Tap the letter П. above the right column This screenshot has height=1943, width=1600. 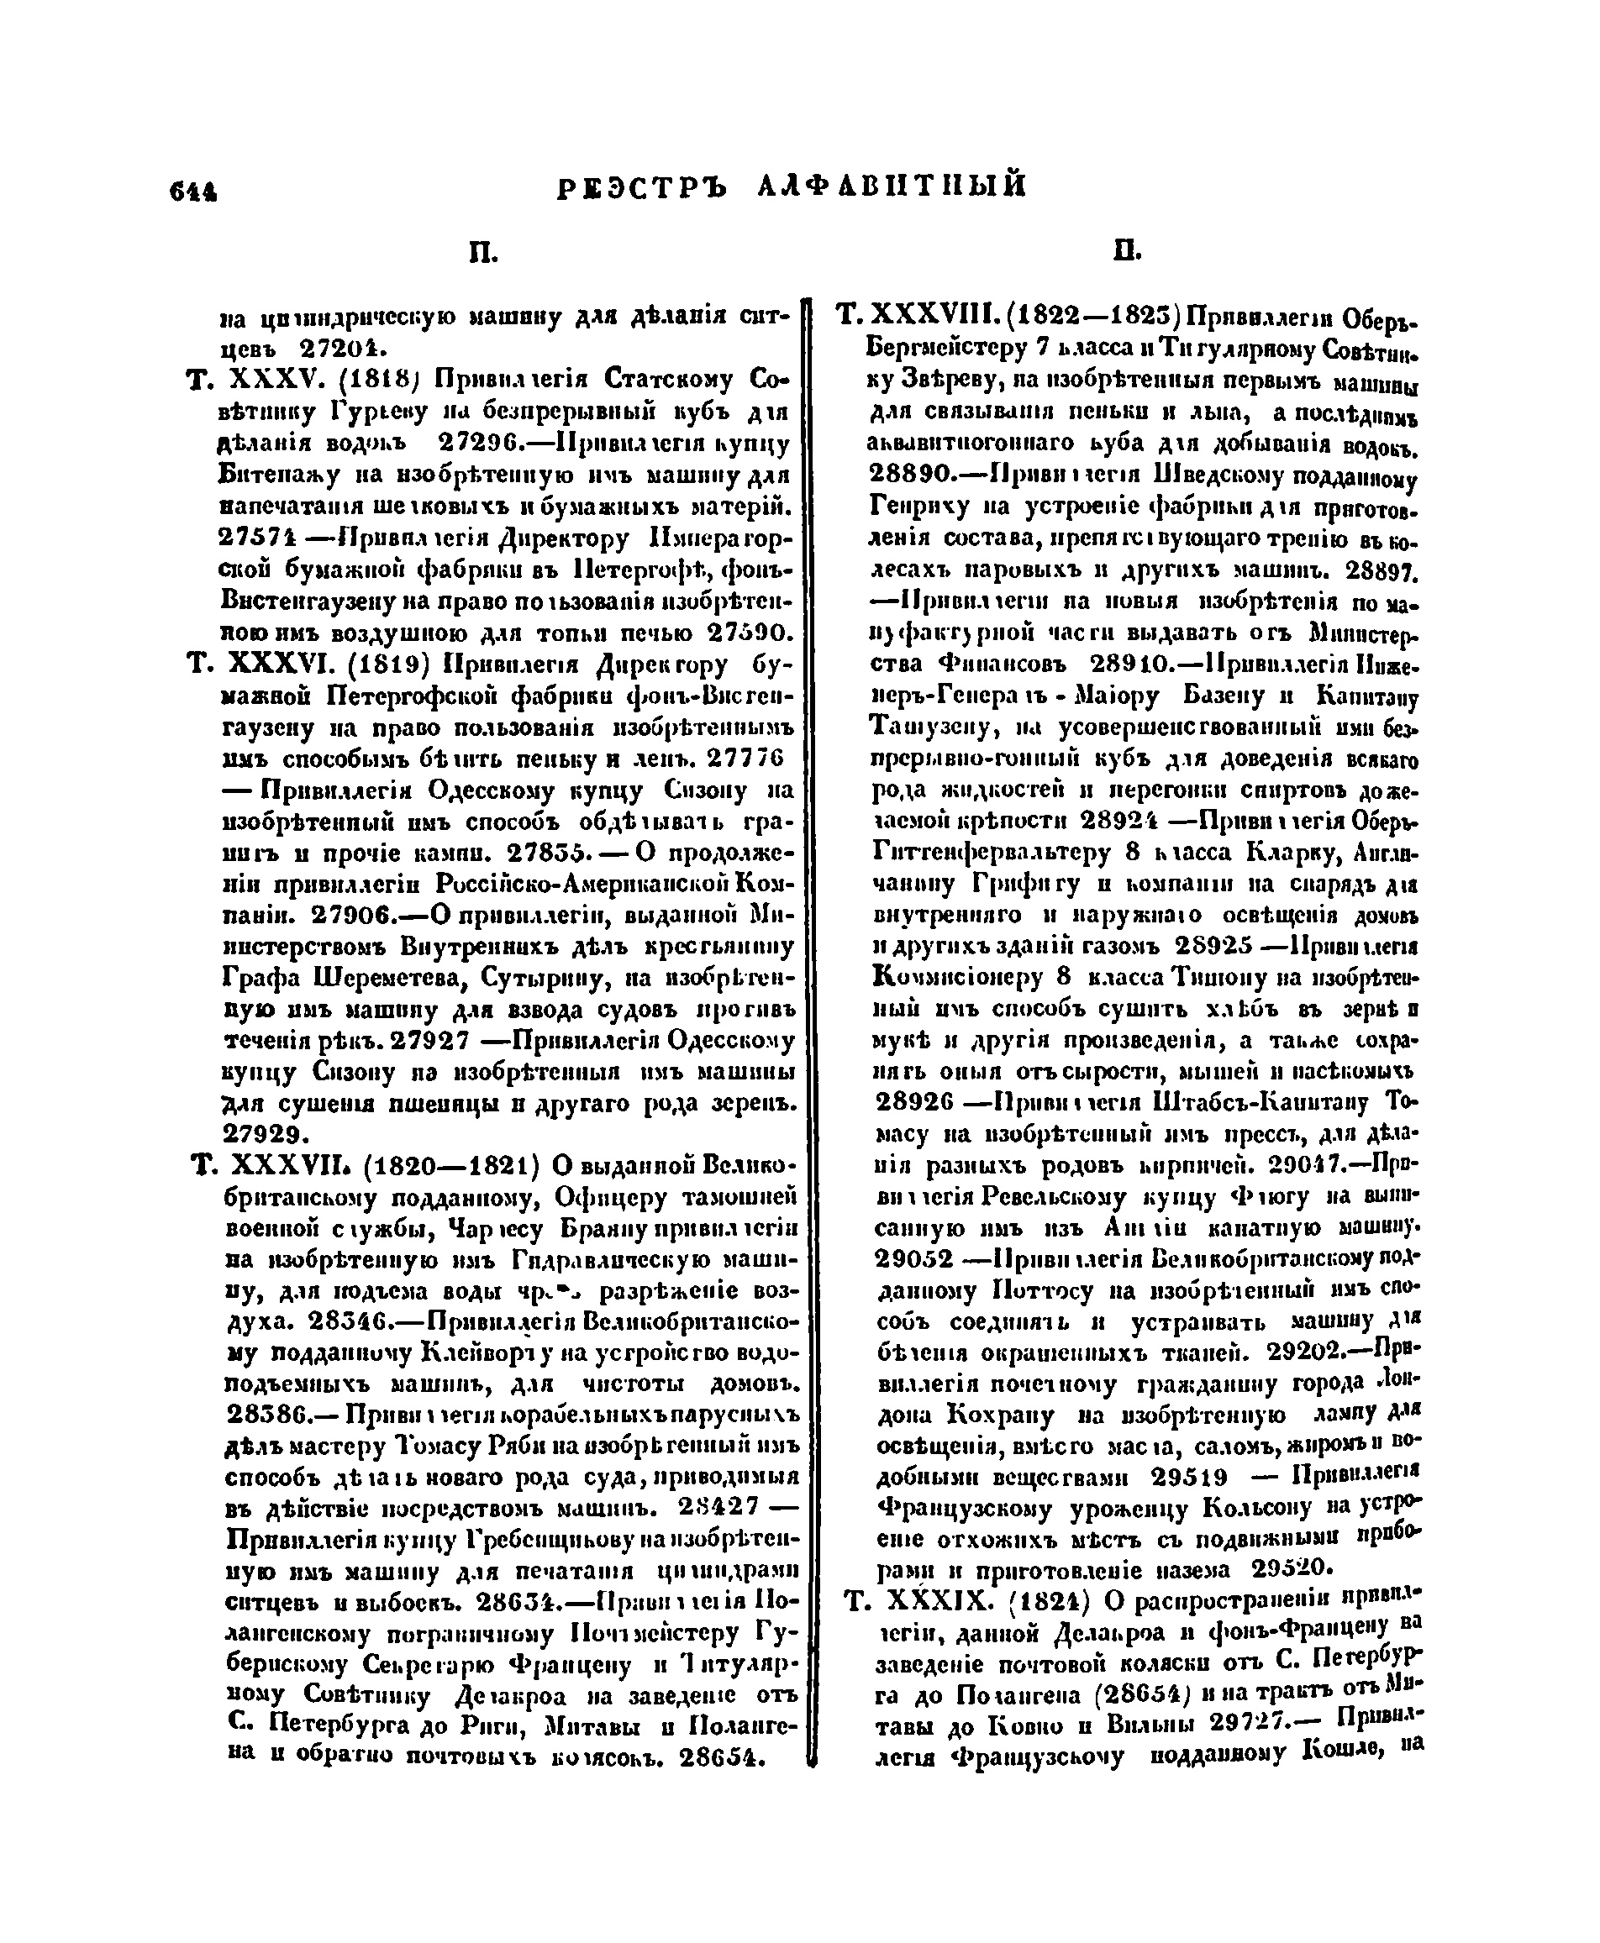[x=1126, y=249]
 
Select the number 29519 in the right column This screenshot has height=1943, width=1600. [x=1189, y=1477]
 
